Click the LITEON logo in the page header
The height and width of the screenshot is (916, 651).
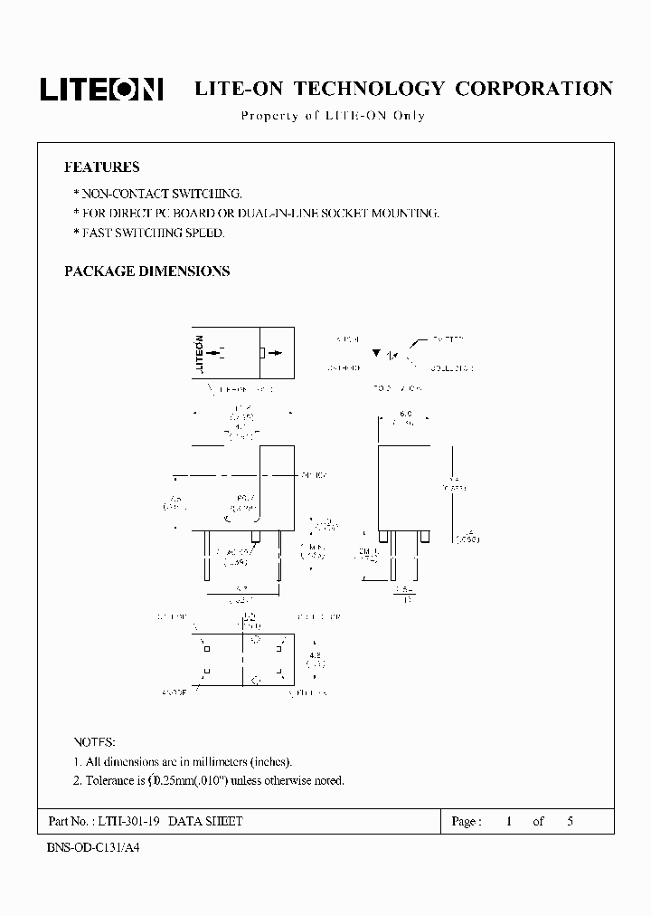(101, 89)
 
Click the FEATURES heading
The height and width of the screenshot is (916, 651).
(101, 167)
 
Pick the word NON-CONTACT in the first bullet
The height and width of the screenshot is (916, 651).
(118, 194)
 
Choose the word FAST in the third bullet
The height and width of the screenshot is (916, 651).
(97, 233)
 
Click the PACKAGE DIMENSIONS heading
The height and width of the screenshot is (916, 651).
(146, 272)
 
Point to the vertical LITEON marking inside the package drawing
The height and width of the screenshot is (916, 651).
(199, 353)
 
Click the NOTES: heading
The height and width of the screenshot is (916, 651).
(94, 741)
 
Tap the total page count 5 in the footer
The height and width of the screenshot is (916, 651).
(570, 822)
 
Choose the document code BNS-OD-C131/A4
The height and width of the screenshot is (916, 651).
(91, 851)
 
